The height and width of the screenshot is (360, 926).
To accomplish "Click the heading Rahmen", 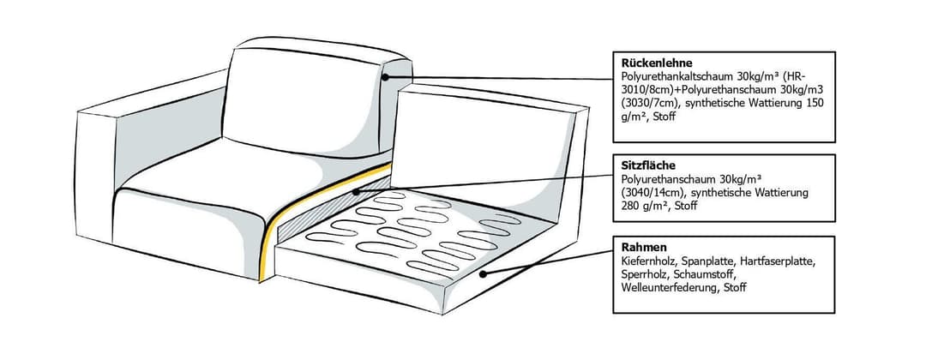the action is click(640, 247).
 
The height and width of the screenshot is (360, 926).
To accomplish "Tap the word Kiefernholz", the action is click(646, 261).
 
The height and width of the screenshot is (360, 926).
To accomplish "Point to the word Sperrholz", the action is click(642, 274).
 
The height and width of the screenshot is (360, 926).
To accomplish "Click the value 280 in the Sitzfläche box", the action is click(630, 206).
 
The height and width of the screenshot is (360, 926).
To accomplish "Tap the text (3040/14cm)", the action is click(652, 192).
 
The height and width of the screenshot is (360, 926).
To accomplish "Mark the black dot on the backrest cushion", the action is click(385, 76).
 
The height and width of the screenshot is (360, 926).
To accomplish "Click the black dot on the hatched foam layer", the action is click(355, 191).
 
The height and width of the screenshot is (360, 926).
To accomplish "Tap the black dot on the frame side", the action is click(483, 273).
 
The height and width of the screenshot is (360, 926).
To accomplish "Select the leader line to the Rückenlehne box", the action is click(499, 78).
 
